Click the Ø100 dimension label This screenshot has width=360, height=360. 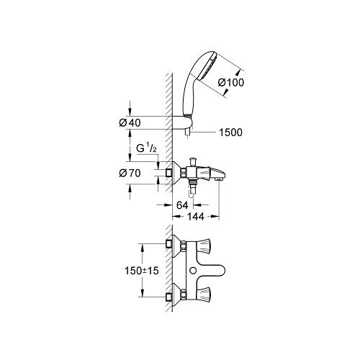coord(230,82)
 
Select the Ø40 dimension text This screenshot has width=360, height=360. coord(130,123)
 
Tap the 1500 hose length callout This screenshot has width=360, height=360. coord(230,132)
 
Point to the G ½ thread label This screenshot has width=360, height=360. coord(146,148)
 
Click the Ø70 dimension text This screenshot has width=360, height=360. coord(130,173)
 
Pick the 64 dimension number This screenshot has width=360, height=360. coord(182,205)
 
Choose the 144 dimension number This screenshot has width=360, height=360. coord(196,217)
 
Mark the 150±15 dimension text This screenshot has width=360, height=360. coord(142,271)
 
